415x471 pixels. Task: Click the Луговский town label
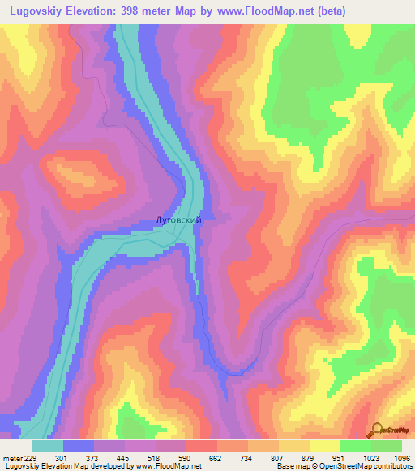[x=177, y=219]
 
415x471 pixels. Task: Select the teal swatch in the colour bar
[x=48, y=446]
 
